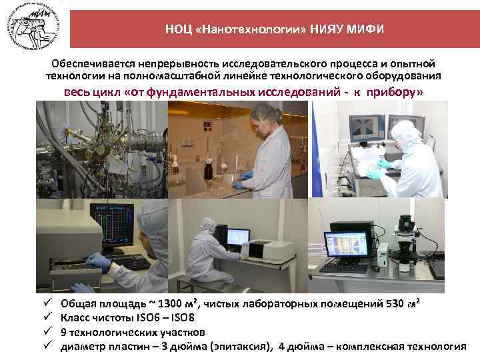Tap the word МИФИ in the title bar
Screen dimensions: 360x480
click(366, 30)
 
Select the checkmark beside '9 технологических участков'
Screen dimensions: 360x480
click(47, 332)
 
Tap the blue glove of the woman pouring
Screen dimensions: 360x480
click(247, 175)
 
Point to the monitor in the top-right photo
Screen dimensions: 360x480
click(367, 128)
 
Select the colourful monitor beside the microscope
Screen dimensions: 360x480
click(346, 245)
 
